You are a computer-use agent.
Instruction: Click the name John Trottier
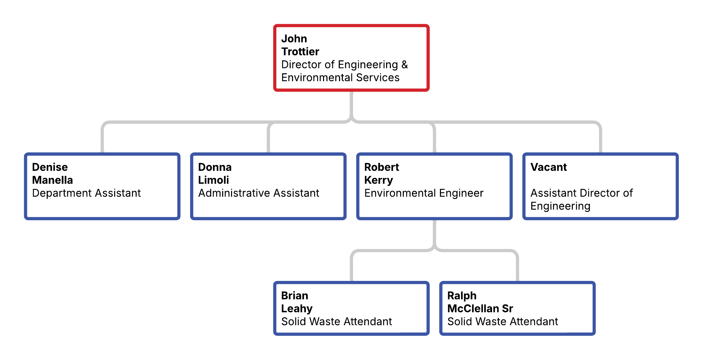tap(300, 45)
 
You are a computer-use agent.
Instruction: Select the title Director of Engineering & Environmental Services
tap(344, 71)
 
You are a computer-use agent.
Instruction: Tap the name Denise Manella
tap(52, 174)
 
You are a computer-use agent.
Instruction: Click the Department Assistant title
tap(86, 193)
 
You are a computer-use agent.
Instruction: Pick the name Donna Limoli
tap(215, 174)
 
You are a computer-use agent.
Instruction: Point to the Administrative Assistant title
tap(259, 193)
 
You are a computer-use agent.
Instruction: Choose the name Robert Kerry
tap(381, 174)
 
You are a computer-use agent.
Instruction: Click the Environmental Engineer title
tap(424, 193)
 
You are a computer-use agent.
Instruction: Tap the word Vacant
tap(548, 167)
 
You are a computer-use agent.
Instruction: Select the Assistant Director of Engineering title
tap(581, 199)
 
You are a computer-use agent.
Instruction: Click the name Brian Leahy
tap(296, 302)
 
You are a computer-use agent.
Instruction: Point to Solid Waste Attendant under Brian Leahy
tap(336, 321)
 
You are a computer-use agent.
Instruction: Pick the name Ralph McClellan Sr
tap(480, 302)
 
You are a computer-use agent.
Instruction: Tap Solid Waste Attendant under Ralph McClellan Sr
tap(503, 321)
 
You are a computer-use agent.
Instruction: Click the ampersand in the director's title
tap(404, 64)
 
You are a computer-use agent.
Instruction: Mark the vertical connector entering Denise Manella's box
tap(102, 140)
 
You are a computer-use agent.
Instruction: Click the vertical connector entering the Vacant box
tap(600, 140)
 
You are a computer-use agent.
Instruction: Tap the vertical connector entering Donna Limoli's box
tap(269, 140)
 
